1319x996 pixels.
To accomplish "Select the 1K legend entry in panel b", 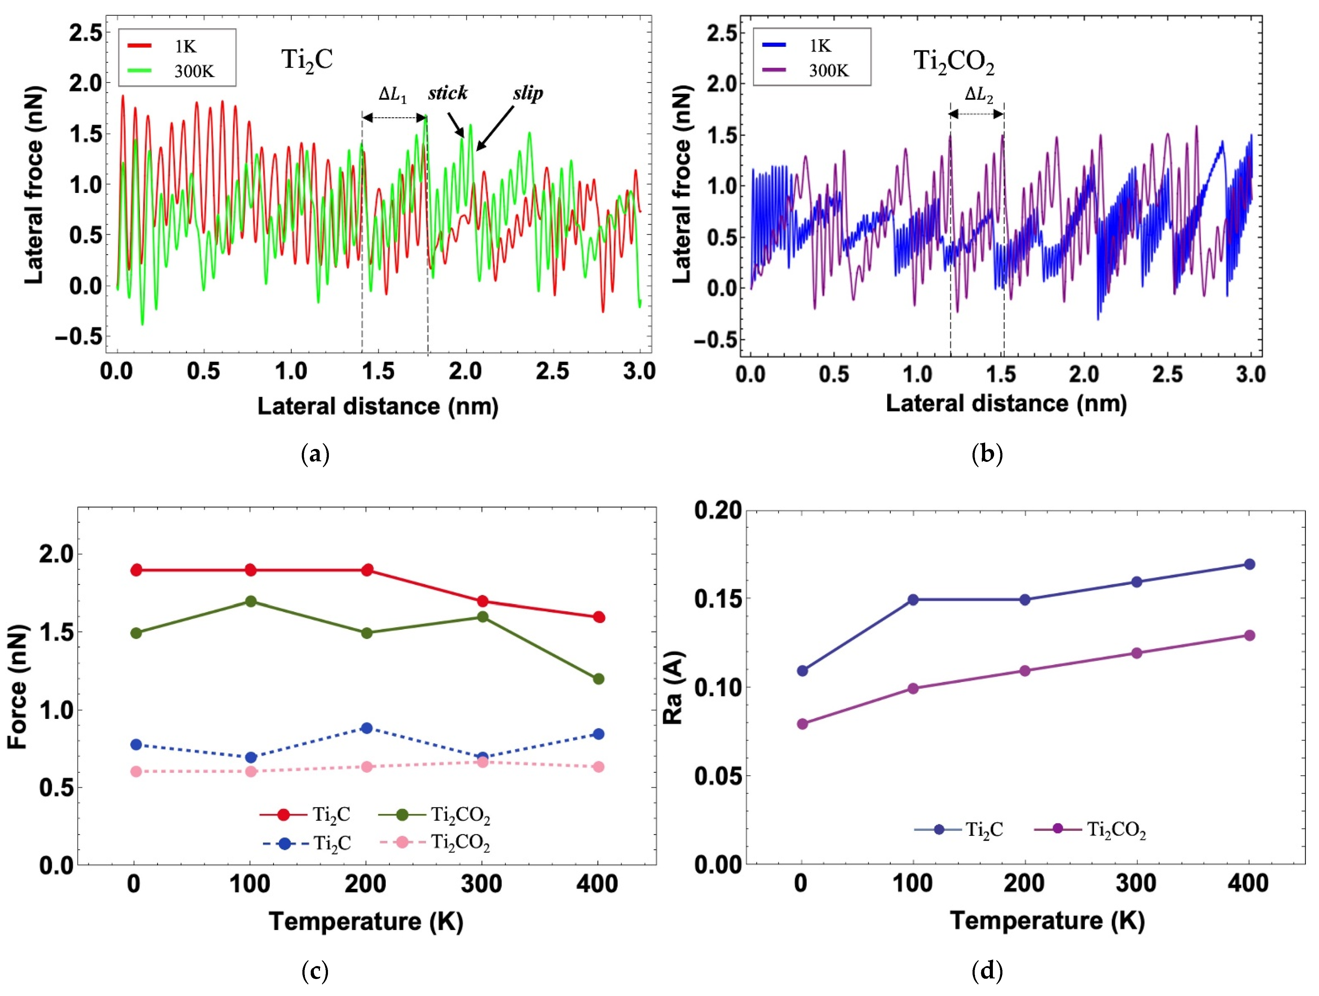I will (x=799, y=46).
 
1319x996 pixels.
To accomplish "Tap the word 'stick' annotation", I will (x=447, y=93).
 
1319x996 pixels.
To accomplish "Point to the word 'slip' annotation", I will (x=528, y=93).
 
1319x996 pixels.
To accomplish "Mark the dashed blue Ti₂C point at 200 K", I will (x=367, y=728).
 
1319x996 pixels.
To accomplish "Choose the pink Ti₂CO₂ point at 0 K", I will (x=136, y=772).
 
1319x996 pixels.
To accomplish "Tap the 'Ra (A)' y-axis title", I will (x=673, y=687).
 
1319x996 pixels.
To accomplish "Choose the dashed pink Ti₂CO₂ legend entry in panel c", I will (x=435, y=842).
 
